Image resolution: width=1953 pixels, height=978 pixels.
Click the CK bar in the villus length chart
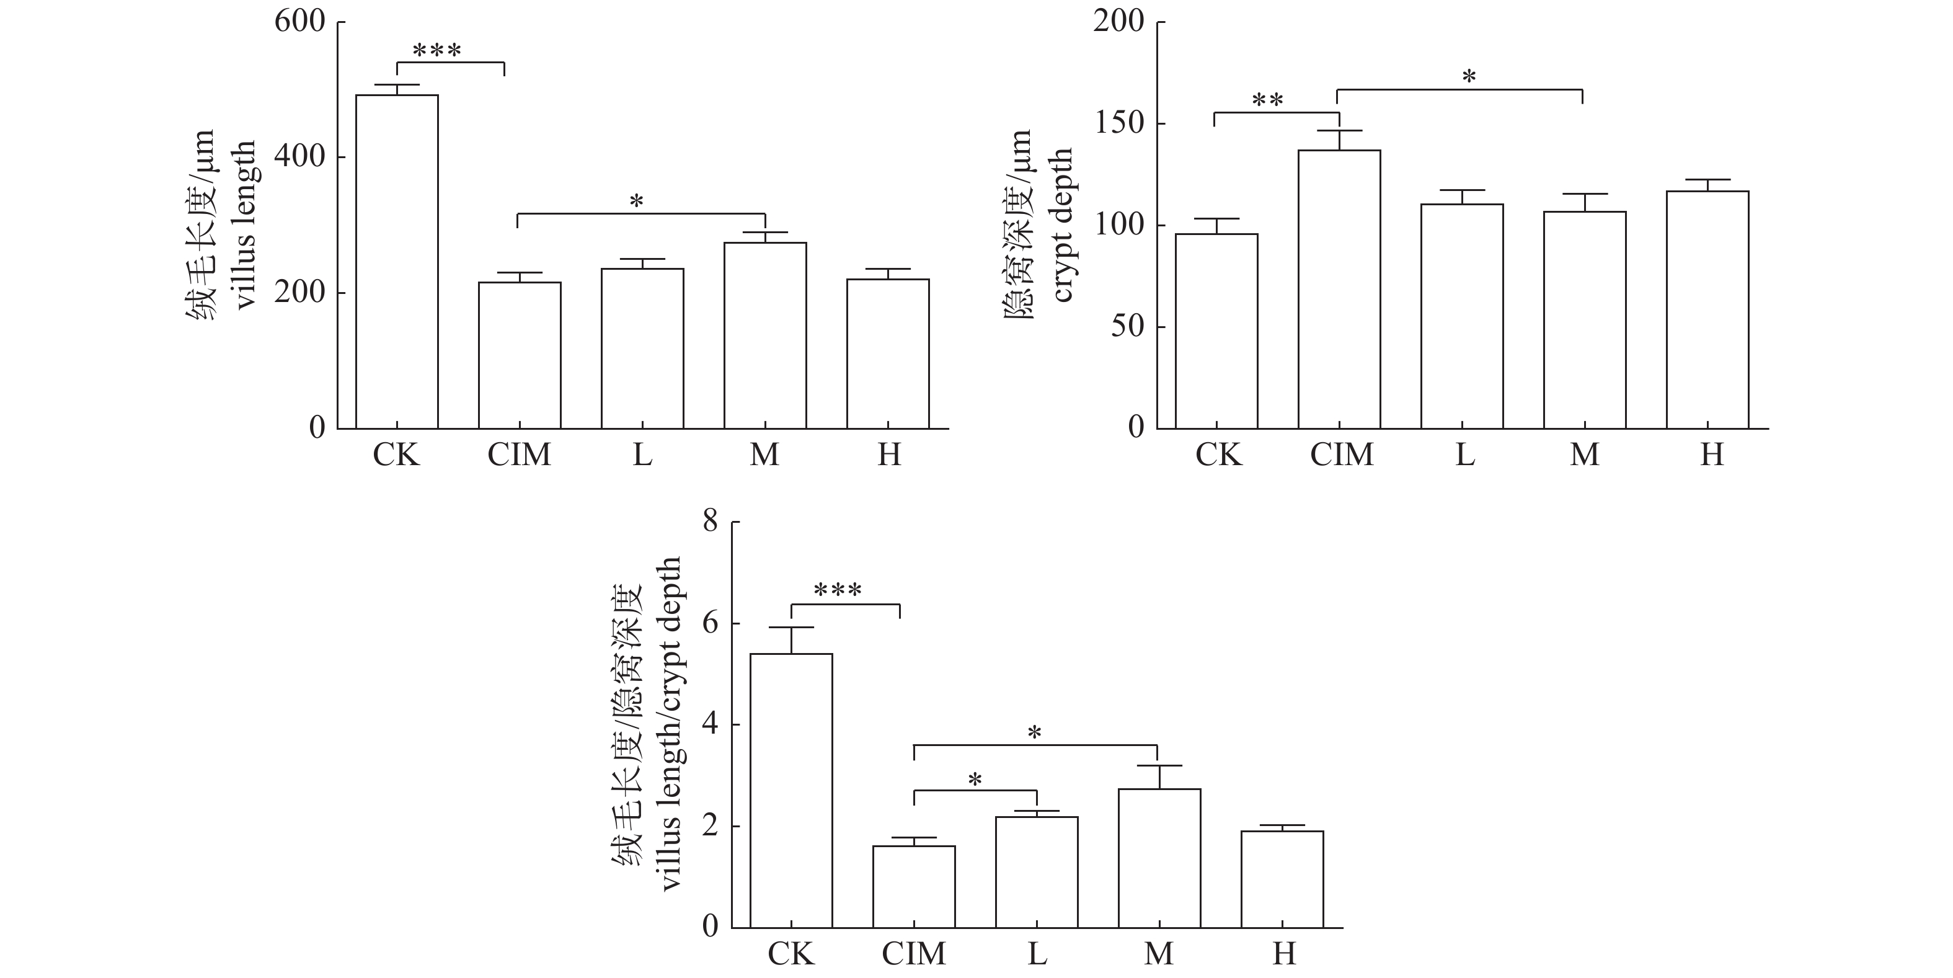point(397,262)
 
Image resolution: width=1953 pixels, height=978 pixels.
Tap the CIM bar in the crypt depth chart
point(1339,289)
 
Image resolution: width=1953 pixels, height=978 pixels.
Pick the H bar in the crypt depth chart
point(1707,309)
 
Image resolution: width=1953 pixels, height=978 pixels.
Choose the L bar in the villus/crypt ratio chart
point(1037,872)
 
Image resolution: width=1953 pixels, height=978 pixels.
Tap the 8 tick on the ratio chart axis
point(710,522)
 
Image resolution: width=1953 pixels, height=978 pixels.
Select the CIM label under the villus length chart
point(520,455)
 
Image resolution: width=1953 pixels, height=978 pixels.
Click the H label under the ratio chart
point(1283,953)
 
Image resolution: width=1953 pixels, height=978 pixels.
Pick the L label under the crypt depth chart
point(1464,455)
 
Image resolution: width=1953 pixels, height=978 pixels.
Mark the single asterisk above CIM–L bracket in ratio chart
point(975,780)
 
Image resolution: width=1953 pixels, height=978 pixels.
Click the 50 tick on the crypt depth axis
point(1127,327)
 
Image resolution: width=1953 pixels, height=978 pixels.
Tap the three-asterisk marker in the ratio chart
point(837,590)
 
